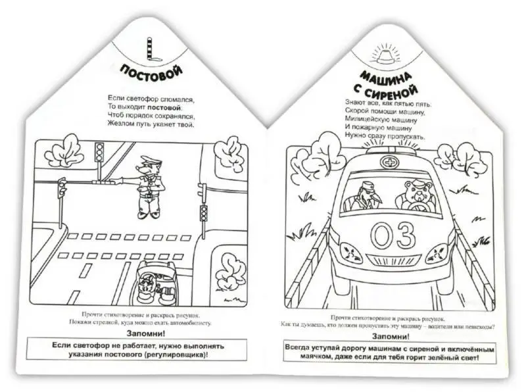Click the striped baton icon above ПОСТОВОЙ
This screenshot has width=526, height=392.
click(x=153, y=50)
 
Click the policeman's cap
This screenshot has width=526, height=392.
click(x=148, y=159)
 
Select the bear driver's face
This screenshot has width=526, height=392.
click(x=416, y=191)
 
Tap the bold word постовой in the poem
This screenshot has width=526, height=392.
click(x=164, y=108)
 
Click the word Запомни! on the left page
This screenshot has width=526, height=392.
click(x=146, y=334)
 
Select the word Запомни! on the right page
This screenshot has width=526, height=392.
click(x=391, y=337)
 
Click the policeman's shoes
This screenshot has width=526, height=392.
click(x=148, y=214)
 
